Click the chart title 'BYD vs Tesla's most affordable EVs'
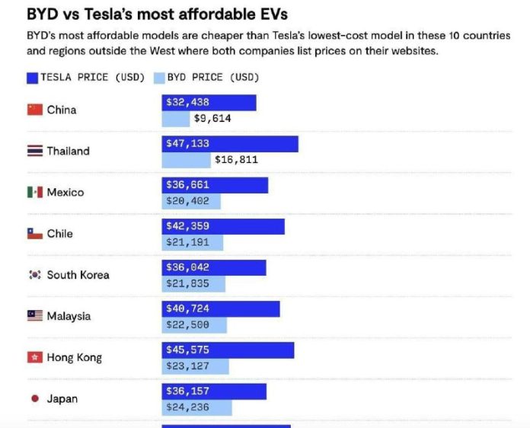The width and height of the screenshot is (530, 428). pyautogui.click(x=158, y=14)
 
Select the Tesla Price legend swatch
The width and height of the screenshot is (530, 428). pyautogui.click(x=32, y=77)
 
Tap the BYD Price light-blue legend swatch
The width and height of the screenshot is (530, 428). pyautogui.click(x=159, y=77)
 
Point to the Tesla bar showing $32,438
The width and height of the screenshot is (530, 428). pyautogui.click(x=209, y=102)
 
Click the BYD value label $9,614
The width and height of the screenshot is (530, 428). pyautogui.click(x=212, y=119)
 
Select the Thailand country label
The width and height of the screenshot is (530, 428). pyautogui.click(x=68, y=151)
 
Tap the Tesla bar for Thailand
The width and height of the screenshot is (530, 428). pyautogui.click(x=230, y=144)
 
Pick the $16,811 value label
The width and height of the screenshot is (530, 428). pyautogui.click(x=236, y=160)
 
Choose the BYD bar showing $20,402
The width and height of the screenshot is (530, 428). pyautogui.click(x=191, y=202)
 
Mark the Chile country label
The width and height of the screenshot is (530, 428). pyautogui.click(x=59, y=234)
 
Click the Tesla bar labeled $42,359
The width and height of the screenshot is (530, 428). pyautogui.click(x=223, y=226)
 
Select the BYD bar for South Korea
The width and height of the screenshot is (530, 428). pyautogui.click(x=193, y=284)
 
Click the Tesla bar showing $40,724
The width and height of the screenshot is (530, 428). pyautogui.click(x=221, y=308)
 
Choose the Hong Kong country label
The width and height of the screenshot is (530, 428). pyautogui.click(x=74, y=357)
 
